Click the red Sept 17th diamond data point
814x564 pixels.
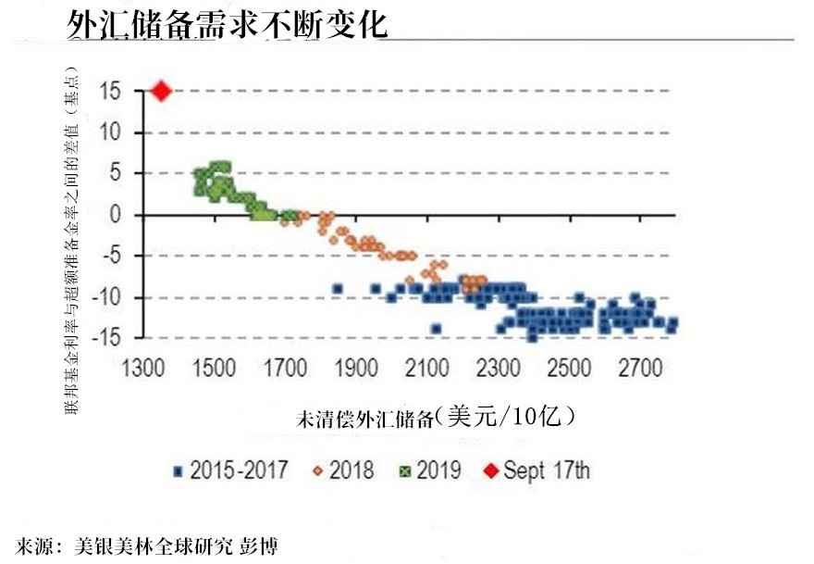[161, 91]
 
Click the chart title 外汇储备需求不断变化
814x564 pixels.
[227, 25]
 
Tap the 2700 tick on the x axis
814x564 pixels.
[641, 369]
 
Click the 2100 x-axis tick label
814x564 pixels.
[426, 369]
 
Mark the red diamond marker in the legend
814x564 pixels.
[490, 471]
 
